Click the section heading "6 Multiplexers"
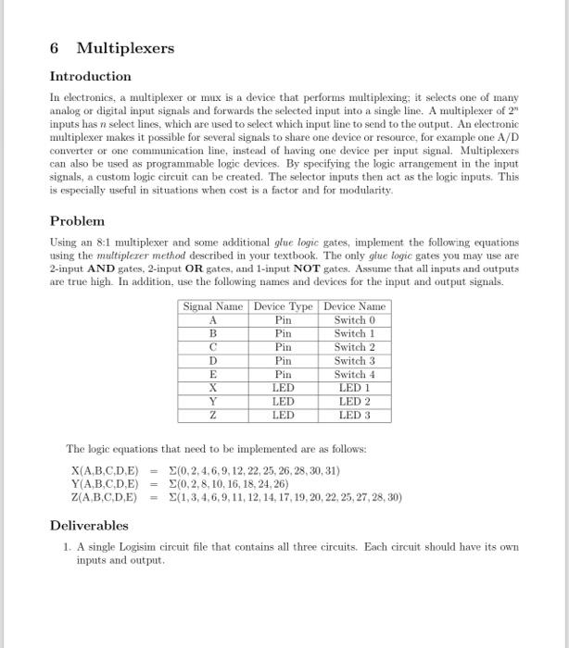tap(111, 47)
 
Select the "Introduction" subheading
tap(90, 76)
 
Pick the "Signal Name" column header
tap(213, 306)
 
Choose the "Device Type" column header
tap(283, 306)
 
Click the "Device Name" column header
tap(354, 306)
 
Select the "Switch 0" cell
tap(354, 320)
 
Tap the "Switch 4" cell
tap(354, 374)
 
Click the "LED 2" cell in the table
tap(354, 402)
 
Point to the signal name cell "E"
tap(213, 374)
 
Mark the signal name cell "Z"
tap(213, 416)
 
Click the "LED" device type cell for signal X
tap(283, 388)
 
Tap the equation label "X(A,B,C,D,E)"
tap(104, 471)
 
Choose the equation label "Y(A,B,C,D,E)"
tap(104, 483)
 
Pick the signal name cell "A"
tap(213, 320)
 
